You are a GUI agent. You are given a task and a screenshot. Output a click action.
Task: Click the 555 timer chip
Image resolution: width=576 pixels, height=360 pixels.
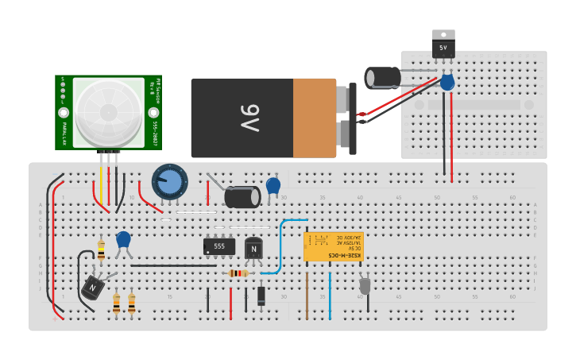218,246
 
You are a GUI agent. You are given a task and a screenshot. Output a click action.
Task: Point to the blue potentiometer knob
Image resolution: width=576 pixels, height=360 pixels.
169,182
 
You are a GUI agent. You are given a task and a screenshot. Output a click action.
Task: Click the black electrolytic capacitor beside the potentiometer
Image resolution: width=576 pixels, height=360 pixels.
242,196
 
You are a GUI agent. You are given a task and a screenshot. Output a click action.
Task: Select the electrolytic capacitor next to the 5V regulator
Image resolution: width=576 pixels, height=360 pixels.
384,77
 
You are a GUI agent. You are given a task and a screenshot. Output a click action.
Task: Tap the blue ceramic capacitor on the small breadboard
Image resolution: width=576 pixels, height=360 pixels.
447,82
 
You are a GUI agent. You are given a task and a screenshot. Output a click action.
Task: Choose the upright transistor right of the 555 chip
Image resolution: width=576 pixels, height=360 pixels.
253,249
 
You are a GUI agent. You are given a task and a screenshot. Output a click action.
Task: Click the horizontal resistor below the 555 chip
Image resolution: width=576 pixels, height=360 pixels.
238,273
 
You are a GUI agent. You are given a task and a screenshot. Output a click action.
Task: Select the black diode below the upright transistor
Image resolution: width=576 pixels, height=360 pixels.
261,296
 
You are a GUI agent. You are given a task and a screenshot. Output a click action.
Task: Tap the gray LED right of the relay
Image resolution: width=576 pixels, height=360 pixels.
365,285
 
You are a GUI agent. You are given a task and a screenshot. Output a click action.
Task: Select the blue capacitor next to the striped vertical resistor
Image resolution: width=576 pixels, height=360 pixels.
123,239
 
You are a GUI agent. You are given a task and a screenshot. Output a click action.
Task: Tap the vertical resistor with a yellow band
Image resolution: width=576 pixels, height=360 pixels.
101,250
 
